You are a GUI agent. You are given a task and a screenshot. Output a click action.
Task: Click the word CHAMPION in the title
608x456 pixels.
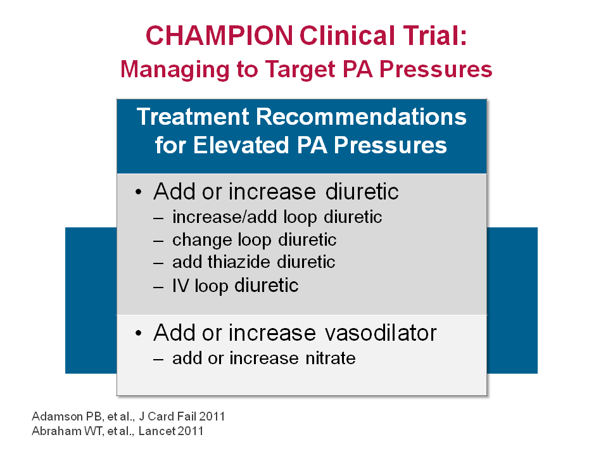click(x=219, y=35)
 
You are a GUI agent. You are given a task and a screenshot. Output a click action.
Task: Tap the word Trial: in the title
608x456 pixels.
click(x=435, y=35)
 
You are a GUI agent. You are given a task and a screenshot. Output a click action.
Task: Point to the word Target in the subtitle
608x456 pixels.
click(x=300, y=70)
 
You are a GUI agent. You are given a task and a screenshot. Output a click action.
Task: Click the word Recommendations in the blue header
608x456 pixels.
click(x=361, y=117)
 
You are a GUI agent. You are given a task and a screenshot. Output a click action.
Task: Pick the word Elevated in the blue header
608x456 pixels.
click(x=241, y=145)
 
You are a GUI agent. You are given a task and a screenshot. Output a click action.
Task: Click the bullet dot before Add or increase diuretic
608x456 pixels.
click(x=139, y=192)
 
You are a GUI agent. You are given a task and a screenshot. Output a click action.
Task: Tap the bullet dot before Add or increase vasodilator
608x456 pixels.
click(x=139, y=333)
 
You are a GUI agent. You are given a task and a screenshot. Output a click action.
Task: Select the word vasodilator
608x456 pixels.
click(x=381, y=332)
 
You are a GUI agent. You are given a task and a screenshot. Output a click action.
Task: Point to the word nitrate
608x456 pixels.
click(x=331, y=358)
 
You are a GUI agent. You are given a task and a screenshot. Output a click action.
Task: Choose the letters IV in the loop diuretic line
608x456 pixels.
click(x=180, y=286)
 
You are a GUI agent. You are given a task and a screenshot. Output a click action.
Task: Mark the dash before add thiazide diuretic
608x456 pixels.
click(x=158, y=263)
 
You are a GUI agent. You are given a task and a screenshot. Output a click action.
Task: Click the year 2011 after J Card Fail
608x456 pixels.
click(x=212, y=417)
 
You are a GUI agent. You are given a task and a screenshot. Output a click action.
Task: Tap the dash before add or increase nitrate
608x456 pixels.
click(x=158, y=360)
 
